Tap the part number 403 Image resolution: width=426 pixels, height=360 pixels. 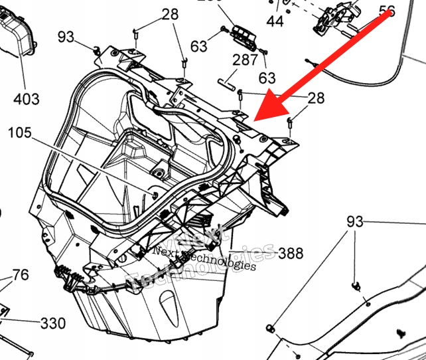pyautogui.click(x=27, y=99)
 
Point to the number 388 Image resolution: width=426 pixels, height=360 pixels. pyautogui.click(x=290, y=253)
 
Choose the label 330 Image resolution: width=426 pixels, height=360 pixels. pyautogui.click(x=52, y=323)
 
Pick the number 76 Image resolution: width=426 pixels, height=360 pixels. pyautogui.click(x=21, y=275)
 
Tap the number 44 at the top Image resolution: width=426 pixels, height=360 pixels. pyautogui.click(x=275, y=21)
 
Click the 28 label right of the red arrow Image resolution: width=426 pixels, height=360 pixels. pyautogui.click(x=316, y=98)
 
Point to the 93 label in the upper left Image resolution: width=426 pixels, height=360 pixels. pyautogui.click(x=66, y=37)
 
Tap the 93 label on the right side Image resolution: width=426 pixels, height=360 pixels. pyautogui.click(x=355, y=222)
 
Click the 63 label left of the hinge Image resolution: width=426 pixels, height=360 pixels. pyautogui.click(x=199, y=46)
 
